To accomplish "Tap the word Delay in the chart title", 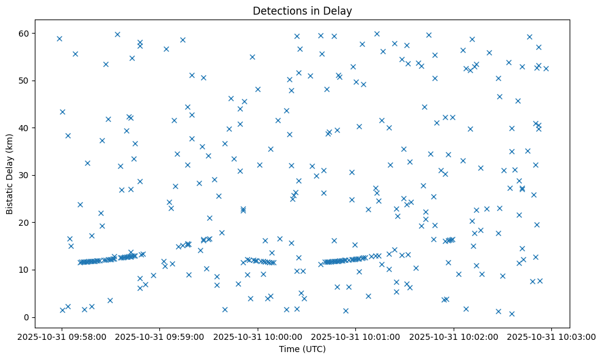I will coord(339,11).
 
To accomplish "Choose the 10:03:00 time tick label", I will coord(552,336).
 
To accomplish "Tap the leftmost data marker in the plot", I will coord(59,38).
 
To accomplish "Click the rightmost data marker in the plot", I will coord(546,68).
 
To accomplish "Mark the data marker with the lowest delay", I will coord(512,314).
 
